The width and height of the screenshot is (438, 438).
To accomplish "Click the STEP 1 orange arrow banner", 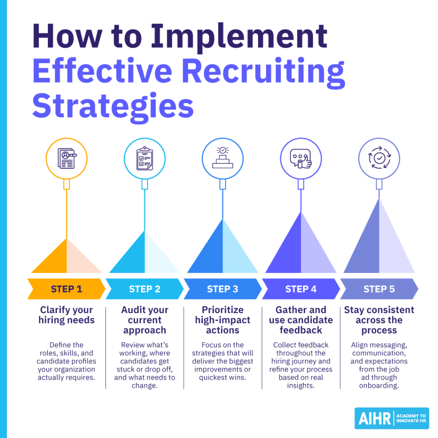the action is [x=66, y=289].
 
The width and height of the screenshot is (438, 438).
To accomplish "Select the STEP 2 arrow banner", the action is [x=145, y=289].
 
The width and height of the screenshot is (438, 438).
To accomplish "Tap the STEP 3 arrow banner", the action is [x=222, y=289].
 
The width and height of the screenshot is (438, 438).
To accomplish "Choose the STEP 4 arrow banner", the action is [x=301, y=289].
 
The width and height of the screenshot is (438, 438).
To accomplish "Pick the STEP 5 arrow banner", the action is [x=379, y=289].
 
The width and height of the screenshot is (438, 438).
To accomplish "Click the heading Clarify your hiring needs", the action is [x=66, y=315].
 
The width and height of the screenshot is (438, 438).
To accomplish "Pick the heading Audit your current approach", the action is [x=145, y=320].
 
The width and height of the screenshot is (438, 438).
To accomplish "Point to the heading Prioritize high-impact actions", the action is [x=222, y=320].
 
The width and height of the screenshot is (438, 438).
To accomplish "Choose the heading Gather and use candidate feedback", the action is [x=301, y=320].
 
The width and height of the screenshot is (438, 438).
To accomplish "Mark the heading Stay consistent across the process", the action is [x=379, y=320].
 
